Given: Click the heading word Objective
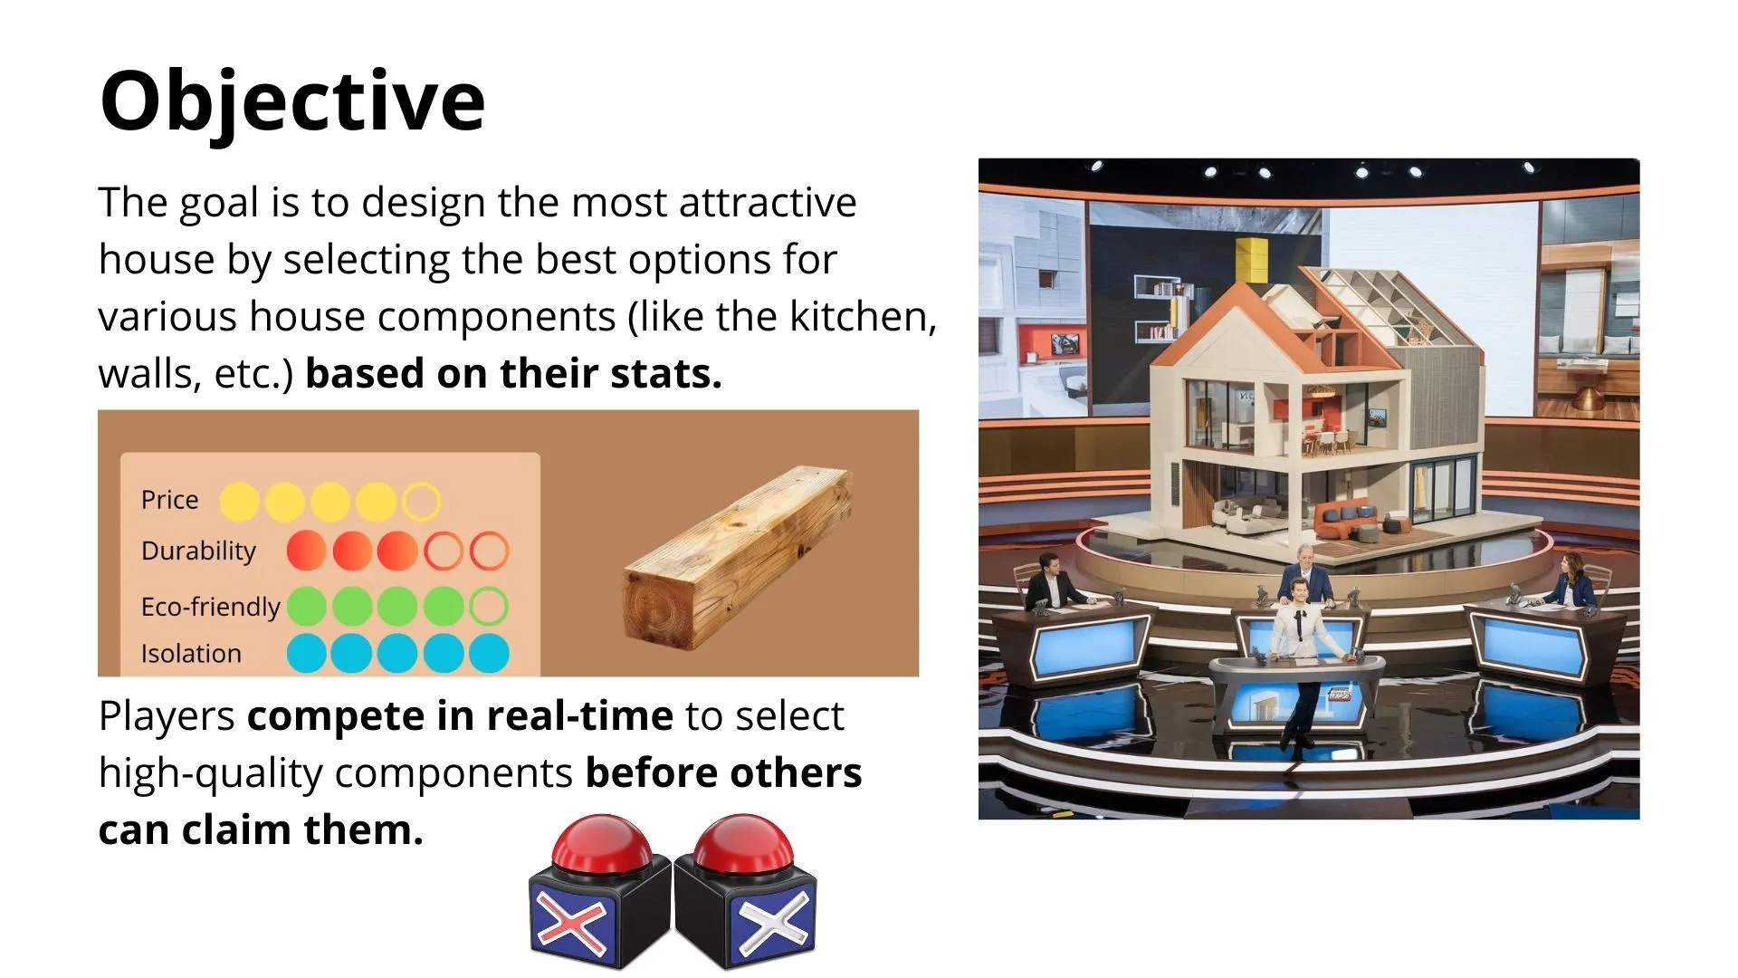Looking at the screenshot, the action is [292, 101].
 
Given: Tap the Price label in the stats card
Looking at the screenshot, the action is [169, 500].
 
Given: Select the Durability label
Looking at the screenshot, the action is [198, 551].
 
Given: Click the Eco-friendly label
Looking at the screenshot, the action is [210, 607].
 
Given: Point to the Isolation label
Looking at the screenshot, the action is [191, 653].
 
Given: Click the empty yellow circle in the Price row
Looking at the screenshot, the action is [421, 501].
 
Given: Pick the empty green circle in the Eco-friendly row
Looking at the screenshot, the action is [489, 606].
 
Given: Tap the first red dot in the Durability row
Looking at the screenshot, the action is [306, 551].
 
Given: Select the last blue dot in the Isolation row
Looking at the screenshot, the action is [489, 653].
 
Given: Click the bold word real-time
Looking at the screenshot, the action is [580, 717].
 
